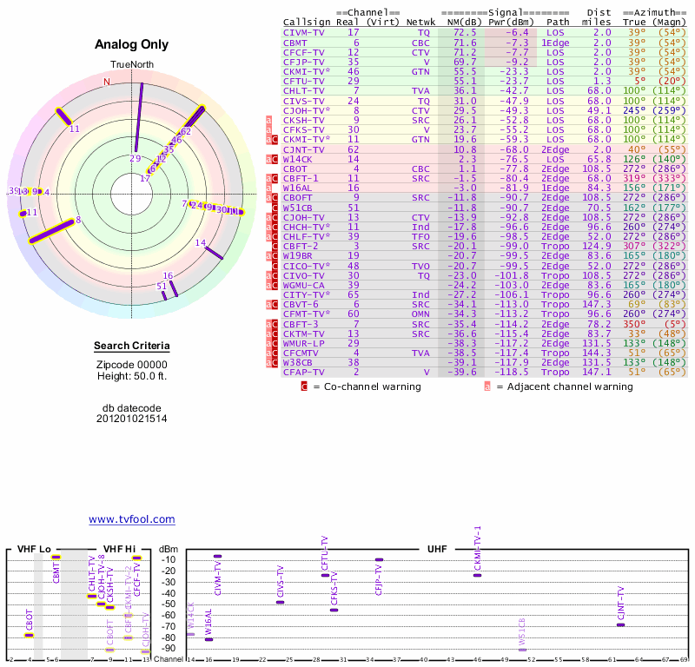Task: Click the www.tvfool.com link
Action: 132,519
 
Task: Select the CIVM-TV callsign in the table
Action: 303,32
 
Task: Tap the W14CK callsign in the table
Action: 298,160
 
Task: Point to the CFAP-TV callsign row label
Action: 303,372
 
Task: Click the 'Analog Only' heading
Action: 132,44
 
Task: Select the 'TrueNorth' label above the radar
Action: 132,65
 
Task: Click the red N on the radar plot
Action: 107,82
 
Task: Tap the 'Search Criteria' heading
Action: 132,347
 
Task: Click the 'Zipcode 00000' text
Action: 132,365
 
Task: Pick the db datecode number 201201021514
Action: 132,419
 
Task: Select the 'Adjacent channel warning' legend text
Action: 571,386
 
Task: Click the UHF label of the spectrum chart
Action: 437,549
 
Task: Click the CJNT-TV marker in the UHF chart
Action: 620,625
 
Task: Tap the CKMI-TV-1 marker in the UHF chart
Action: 477,575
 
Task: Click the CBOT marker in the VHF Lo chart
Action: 30,635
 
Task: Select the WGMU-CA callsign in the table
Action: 303,285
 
